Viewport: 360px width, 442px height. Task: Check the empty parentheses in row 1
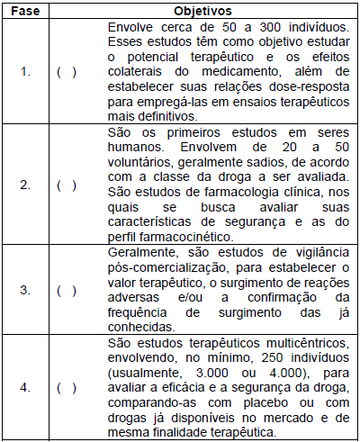(66, 71)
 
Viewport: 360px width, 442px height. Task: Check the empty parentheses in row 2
(66, 185)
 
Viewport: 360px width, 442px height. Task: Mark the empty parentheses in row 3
(66, 290)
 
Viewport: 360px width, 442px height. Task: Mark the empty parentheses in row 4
(66, 388)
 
